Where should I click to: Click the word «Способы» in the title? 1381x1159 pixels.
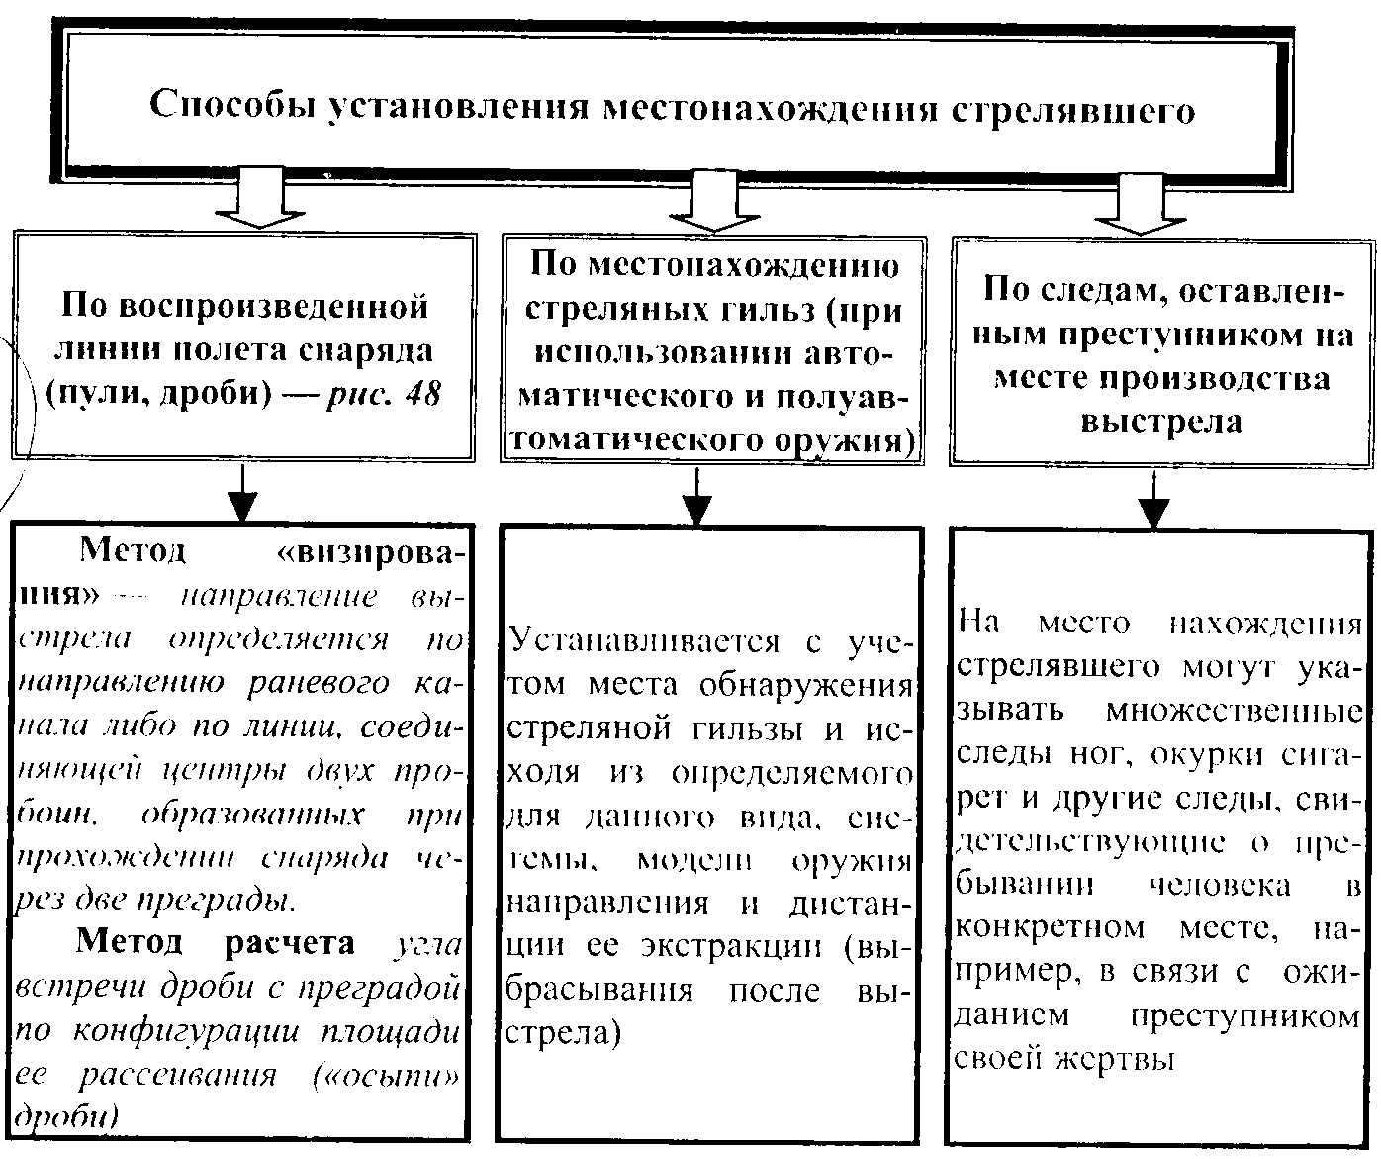tap(232, 105)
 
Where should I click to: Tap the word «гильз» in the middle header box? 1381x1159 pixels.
tap(760, 310)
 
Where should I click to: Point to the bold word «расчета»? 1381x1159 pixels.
tap(290, 942)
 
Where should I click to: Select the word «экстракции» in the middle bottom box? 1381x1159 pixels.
tap(730, 945)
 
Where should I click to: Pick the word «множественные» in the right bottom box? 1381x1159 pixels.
tap(1234, 711)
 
